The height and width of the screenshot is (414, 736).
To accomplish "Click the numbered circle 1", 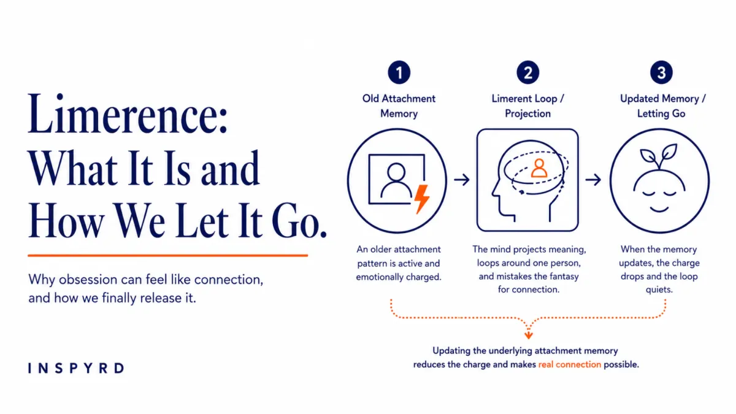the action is [399, 72].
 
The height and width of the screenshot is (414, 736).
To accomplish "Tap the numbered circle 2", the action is [527, 72].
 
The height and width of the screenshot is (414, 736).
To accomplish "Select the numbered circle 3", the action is [661, 72].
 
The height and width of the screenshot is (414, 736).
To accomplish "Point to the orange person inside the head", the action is [539, 168].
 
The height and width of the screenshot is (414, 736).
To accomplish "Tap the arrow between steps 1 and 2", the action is [462, 180].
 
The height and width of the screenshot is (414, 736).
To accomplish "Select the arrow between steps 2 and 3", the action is [593, 180].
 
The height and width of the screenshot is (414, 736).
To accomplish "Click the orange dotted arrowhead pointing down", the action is [528, 335].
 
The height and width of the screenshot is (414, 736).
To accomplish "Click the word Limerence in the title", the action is [128, 113].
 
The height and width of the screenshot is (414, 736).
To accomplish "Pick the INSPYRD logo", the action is [76, 368].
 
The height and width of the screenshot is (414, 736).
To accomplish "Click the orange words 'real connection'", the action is [569, 364].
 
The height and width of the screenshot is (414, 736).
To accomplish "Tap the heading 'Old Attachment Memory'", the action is [399, 105].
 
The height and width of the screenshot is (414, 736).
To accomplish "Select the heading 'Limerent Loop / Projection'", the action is [527, 105].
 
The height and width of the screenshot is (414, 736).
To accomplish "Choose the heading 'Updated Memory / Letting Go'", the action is [662, 105].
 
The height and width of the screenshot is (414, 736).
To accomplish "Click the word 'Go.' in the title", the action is [299, 221].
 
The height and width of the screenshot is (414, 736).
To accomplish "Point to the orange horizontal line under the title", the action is [168, 255].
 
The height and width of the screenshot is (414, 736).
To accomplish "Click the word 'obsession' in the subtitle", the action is [88, 280].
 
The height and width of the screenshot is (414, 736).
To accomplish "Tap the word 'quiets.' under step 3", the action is [659, 289].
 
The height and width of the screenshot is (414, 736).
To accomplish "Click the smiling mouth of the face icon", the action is [659, 210].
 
